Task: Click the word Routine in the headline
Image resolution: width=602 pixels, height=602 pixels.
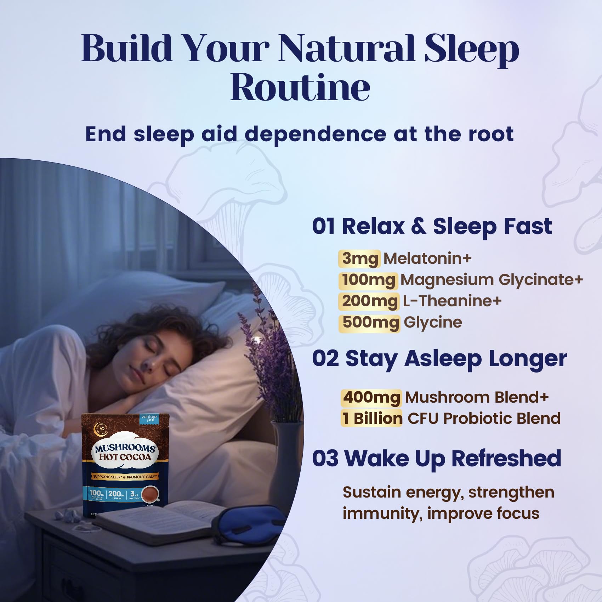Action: [x=300, y=88]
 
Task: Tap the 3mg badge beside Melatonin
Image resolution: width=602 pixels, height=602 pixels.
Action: [x=360, y=259]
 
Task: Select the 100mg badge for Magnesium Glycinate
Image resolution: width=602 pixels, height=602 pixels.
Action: [x=369, y=280]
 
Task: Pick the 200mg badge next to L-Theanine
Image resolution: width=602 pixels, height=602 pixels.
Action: [x=369, y=301]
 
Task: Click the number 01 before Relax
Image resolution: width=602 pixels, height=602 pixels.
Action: [x=323, y=227]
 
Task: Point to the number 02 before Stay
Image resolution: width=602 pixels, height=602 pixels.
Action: [x=325, y=359]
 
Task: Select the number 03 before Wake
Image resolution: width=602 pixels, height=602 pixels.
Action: [x=325, y=459]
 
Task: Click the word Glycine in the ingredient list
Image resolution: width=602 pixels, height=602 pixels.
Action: [x=433, y=323]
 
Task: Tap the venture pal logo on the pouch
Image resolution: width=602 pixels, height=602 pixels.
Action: [x=149, y=419]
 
